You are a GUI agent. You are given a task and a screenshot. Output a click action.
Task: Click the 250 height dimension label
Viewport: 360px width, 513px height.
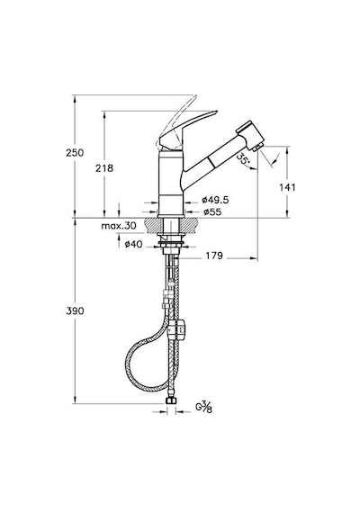click(x=75, y=153)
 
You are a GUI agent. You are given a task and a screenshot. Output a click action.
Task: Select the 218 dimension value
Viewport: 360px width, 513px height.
click(x=104, y=168)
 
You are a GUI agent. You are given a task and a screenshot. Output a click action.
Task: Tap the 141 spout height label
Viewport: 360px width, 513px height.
click(x=287, y=187)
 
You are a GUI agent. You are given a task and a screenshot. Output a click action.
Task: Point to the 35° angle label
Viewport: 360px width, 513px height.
click(x=242, y=159)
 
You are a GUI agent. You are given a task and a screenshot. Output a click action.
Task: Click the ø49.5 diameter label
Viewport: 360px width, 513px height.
click(x=215, y=200)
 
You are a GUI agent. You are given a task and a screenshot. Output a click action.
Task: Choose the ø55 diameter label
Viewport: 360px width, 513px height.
click(x=212, y=212)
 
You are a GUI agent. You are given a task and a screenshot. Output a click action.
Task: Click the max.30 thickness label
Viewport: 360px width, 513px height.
click(x=119, y=226)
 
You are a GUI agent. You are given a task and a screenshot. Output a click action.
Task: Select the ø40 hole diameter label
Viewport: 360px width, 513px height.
click(x=133, y=244)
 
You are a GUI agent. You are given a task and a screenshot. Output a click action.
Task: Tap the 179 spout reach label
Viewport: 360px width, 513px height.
click(x=214, y=256)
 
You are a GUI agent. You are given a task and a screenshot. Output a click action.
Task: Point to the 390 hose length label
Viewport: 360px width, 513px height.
click(x=75, y=310)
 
